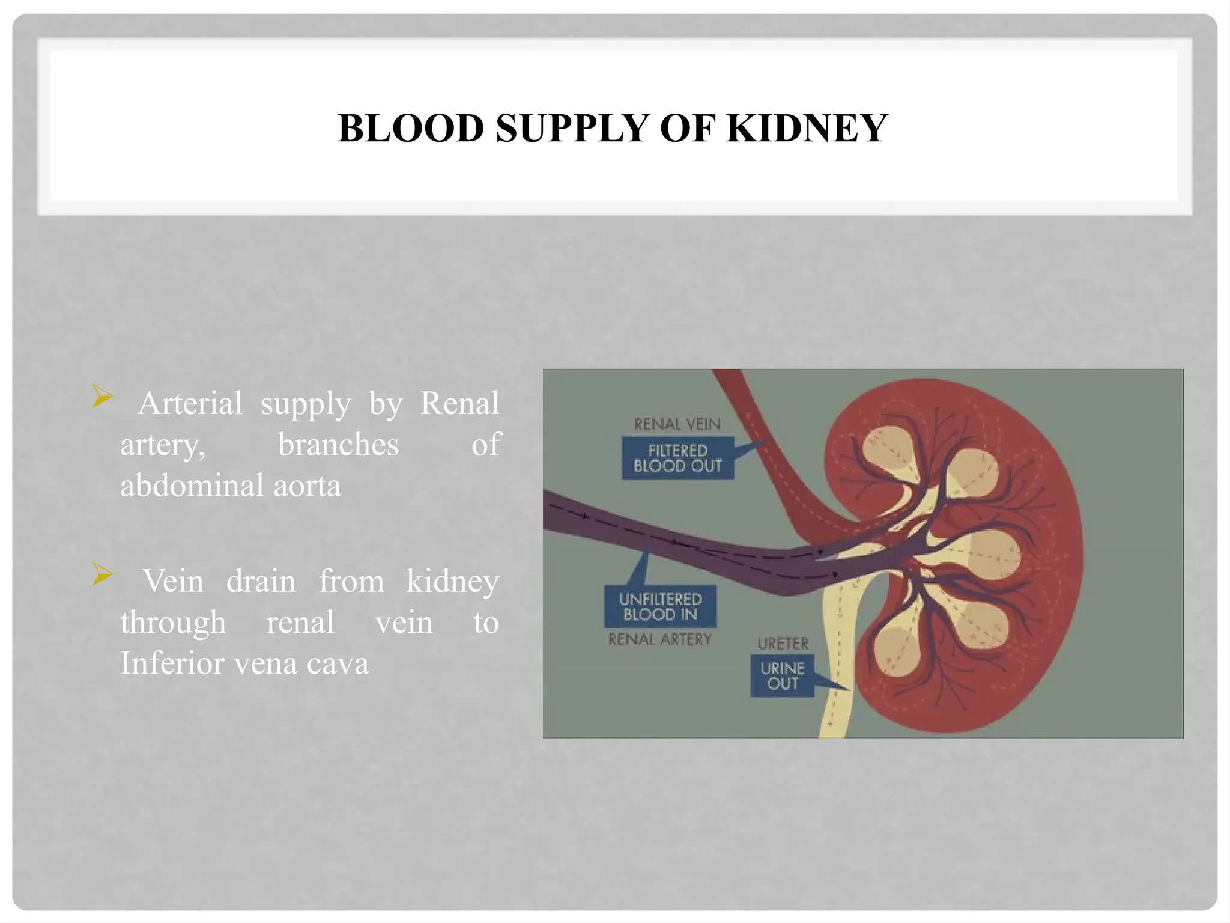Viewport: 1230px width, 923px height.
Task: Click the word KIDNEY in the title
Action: tap(807, 128)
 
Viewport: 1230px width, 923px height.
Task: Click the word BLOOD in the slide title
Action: tap(411, 128)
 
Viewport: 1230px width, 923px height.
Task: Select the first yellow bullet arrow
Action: tap(103, 397)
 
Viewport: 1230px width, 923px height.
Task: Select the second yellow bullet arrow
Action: tap(103, 574)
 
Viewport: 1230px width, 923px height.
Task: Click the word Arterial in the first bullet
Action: tap(190, 403)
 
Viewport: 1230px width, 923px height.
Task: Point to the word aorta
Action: tap(307, 486)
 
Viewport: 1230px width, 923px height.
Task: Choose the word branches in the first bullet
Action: tap(338, 445)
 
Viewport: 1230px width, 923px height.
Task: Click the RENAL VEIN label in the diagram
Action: tap(677, 424)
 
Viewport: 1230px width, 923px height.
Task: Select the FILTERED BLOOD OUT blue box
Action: tap(677, 458)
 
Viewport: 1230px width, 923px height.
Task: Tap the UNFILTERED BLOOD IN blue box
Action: tap(660, 606)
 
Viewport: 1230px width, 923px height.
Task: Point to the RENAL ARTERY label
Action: tap(659, 639)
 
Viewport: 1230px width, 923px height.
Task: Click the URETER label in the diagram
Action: tap(783, 644)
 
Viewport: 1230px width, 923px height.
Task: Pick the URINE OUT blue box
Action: tap(782, 676)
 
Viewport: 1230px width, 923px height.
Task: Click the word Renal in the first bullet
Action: tap(459, 403)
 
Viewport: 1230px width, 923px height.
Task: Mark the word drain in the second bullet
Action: tap(261, 581)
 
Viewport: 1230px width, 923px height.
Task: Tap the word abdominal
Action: tap(191, 486)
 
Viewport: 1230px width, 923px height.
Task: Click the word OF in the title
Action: tap(686, 128)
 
